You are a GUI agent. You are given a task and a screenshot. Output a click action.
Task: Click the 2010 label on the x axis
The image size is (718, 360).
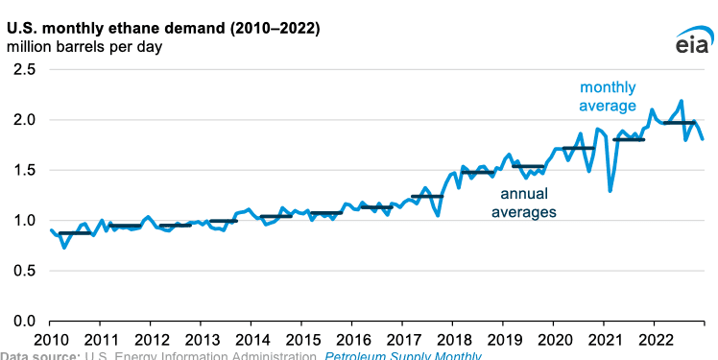click(51, 339)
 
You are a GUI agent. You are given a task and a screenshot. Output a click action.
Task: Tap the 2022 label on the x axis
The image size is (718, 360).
click(655, 339)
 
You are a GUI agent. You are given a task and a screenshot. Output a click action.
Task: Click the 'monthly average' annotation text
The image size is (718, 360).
click(607, 97)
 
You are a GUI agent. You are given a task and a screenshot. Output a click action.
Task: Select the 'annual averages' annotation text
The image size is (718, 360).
click(523, 203)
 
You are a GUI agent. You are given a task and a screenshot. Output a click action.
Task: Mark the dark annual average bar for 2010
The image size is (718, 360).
click(75, 233)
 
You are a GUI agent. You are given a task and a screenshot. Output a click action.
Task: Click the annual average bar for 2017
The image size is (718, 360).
click(427, 196)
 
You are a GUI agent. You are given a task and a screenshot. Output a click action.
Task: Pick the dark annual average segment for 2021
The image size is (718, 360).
click(629, 140)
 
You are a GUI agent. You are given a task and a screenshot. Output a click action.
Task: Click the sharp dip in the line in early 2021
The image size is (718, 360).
click(610, 190)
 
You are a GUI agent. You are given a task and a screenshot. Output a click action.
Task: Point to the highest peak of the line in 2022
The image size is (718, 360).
click(682, 101)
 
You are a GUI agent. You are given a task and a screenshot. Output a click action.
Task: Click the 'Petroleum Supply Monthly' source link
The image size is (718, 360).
click(403, 356)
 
